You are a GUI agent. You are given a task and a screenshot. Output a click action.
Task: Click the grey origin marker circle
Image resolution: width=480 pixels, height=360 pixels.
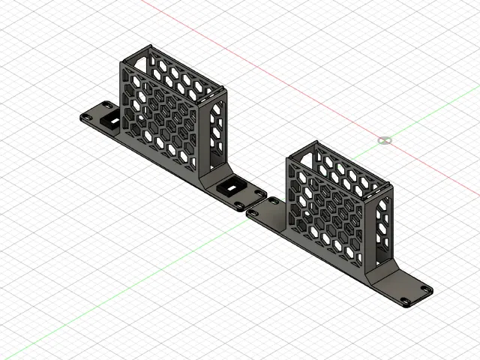click(385, 140)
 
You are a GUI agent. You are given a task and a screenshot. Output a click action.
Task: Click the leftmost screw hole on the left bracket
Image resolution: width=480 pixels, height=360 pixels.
click(87, 115)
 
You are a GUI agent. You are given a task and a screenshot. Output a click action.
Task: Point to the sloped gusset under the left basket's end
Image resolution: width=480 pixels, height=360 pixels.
click(213, 177)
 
